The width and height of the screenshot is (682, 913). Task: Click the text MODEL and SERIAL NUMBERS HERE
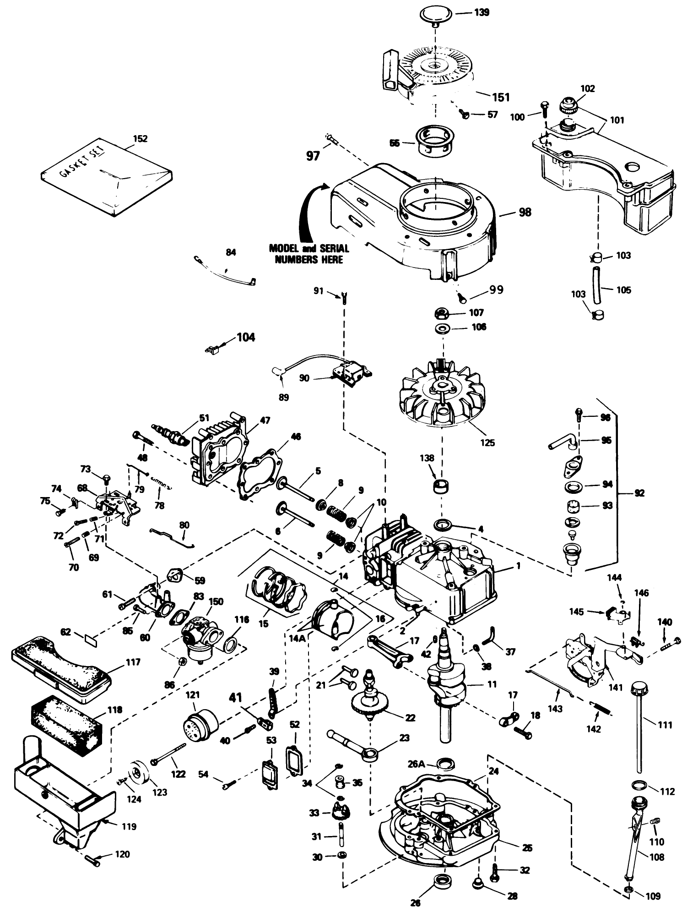(309, 254)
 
